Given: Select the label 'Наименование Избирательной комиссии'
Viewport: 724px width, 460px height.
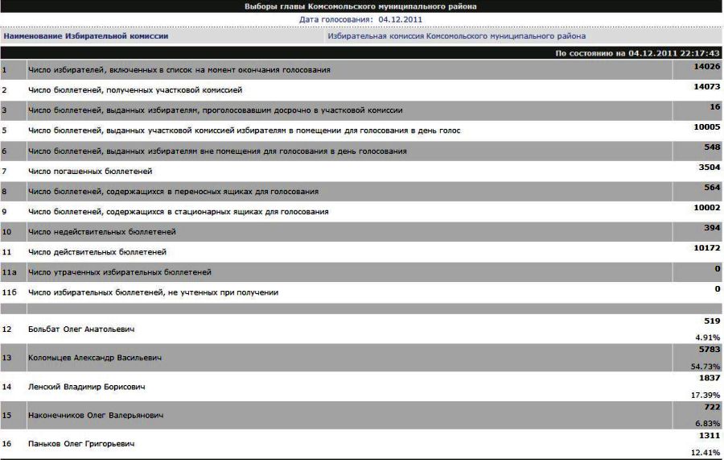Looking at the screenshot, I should coord(85,36).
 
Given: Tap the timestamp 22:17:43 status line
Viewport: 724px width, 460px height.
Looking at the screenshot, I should coord(637,53).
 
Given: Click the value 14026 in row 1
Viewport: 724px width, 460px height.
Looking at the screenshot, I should coord(706,66).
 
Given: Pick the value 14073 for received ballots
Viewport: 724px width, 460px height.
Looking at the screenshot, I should coord(706,86).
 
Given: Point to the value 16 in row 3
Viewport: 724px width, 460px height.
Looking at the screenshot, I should coord(714,106).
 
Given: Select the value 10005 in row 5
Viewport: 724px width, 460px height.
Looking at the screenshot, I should coord(706,126).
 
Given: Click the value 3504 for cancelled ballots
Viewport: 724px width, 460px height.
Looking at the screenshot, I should coord(708,167).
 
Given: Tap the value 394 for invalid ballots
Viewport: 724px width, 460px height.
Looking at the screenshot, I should coord(711,227).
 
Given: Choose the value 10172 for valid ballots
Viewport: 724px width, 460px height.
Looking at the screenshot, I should coord(706,247).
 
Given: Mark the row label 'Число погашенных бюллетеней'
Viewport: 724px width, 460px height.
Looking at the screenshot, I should coord(90,172).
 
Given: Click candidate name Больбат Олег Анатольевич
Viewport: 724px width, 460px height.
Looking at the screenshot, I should coord(80,329).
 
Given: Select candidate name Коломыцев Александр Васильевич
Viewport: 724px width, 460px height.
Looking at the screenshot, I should coord(94,358).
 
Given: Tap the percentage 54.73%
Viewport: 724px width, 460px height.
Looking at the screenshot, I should coord(705,367).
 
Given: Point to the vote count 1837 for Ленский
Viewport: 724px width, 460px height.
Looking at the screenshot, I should coord(708,378).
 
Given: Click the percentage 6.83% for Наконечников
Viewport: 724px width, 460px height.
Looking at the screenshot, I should coord(708,424).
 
